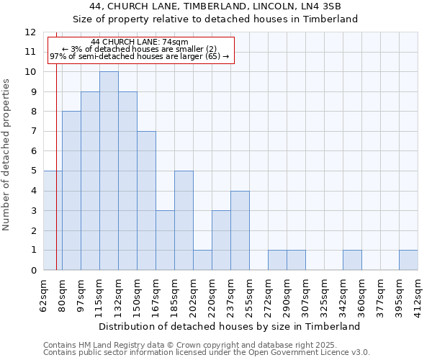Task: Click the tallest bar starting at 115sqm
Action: (x=109, y=171)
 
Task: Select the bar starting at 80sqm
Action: (x=71, y=191)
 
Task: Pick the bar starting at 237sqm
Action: (x=240, y=230)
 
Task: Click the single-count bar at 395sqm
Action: (x=408, y=260)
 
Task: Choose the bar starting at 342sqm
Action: (x=352, y=260)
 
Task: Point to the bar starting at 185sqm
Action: (x=184, y=220)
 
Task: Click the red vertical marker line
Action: (x=56, y=180)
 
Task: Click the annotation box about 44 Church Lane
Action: (x=140, y=50)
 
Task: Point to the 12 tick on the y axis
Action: (x=30, y=32)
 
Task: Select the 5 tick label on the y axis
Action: (x=33, y=171)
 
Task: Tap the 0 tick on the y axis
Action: (x=33, y=271)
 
